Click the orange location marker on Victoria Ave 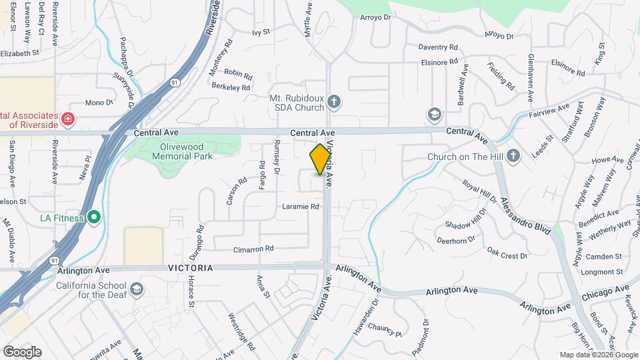(x=321, y=159)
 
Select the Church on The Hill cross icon (x=513, y=156)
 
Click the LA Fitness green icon (x=94, y=217)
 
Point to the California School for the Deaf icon (x=137, y=288)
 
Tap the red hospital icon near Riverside (x=67, y=119)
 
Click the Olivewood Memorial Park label (x=182, y=151)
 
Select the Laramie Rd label (x=301, y=207)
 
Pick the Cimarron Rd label (x=253, y=249)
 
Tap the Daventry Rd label (x=438, y=47)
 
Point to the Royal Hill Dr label (x=480, y=192)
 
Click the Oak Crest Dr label (x=507, y=252)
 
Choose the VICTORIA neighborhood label (x=190, y=267)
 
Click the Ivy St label (x=261, y=31)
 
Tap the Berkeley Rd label (x=231, y=87)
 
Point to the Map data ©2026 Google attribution (x=599, y=355)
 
